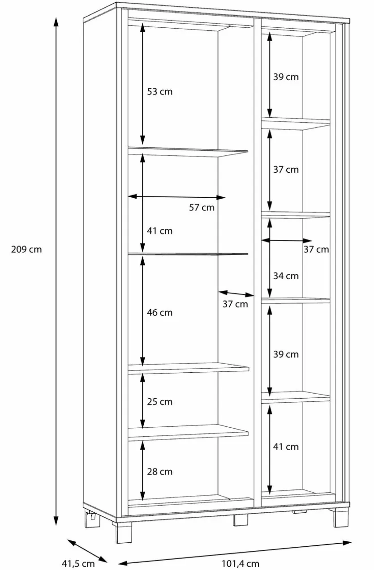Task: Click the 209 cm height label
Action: pyautogui.click(x=26, y=249)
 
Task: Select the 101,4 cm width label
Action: pyautogui.click(x=240, y=563)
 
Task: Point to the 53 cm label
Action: pyautogui.click(x=159, y=92)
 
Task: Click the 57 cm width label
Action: pyautogui.click(x=202, y=208)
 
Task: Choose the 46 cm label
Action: pyautogui.click(x=159, y=313)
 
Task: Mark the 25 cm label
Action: pyautogui.click(x=159, y=402)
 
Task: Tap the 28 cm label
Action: pyautogui.click(x=159, y=472)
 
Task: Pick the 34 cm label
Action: pyautogui.click(x=286, y=276)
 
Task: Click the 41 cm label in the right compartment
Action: pyautogui.click(x=286, y=447)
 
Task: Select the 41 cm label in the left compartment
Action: pyautogui.click(x=159, y=231)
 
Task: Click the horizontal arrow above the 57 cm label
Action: pyautogui.click(x=176, y=197)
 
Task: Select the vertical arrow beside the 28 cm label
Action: pyautogui.click(x=142, y=470)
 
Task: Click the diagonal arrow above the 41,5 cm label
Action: pyautogui.click(x=87, y=551)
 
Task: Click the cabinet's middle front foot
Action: pyautogui.click(x=240, y=520)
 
